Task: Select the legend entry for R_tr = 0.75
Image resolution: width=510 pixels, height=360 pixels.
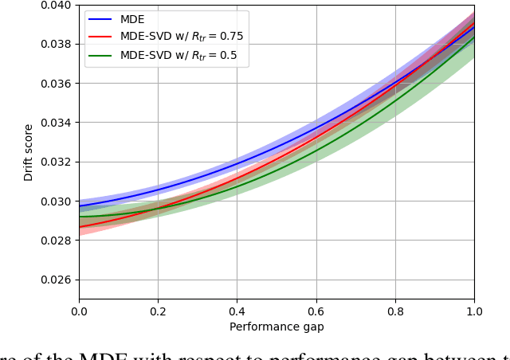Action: tap(182, 37)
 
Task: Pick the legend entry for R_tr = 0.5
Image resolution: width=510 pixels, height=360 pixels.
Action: tap(178, 55)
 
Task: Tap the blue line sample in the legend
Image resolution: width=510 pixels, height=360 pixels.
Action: tap(100, 19)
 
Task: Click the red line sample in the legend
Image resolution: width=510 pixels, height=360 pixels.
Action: tap(100, 37)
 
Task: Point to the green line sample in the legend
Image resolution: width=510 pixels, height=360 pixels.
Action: tap(100, 55)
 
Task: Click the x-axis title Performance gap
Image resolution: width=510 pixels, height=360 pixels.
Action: tap(277, 327)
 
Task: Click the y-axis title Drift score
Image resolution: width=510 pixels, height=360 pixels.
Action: tap(29, 152)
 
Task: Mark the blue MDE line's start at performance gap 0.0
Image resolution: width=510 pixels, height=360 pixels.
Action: tap(80, 206)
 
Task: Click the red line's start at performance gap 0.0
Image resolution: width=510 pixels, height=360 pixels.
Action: tap(80, 227)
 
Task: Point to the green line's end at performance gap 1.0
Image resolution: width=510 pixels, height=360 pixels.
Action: tap(474, 37)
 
